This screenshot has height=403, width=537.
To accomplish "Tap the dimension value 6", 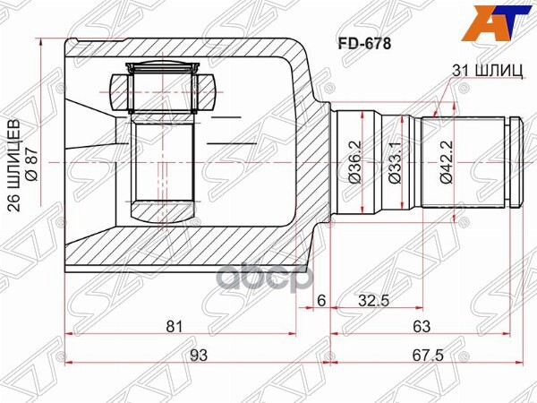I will pos(321,302).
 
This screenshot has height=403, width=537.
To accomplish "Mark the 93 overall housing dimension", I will pos(199,355).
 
